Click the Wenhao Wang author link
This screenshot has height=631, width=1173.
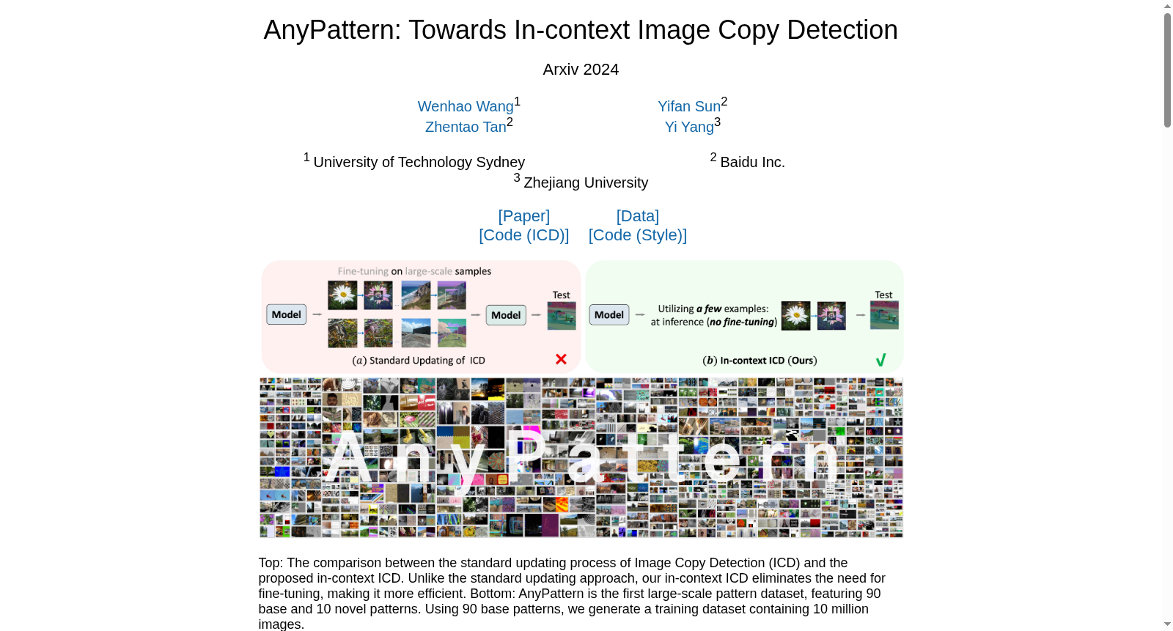[x=465, y=106]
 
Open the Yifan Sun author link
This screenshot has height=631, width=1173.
[x=689, y=106]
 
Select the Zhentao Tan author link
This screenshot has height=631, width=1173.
[x=466, y=127]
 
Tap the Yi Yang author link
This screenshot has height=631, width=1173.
[x=689, y=127]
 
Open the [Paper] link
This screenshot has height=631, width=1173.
[x=523, y=215]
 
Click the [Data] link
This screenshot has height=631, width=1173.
[x=637, y=215]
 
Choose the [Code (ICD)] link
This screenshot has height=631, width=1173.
[x=523, y=235]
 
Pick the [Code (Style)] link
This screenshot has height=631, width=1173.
[x=637, y=235]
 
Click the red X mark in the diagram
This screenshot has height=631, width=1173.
[x=561, y=359]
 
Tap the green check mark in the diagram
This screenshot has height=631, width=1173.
[x=880, y=360]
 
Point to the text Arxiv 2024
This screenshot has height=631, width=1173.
[x=581, y=69]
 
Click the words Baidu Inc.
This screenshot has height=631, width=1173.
[x=752, y=163]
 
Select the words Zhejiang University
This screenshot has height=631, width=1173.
[x=586, y=182]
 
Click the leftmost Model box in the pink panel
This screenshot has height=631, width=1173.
[x=286, y=314]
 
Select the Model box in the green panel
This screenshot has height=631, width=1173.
[x=609, y=314]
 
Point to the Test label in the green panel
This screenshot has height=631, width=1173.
[x=883, y=295]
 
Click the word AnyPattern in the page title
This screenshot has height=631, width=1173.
[x=332, y=30]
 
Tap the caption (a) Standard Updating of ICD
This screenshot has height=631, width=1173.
[x=419, y=361]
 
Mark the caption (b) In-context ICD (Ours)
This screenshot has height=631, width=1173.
[x=760, y=361]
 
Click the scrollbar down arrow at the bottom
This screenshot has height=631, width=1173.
[x=1167, y=624]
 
